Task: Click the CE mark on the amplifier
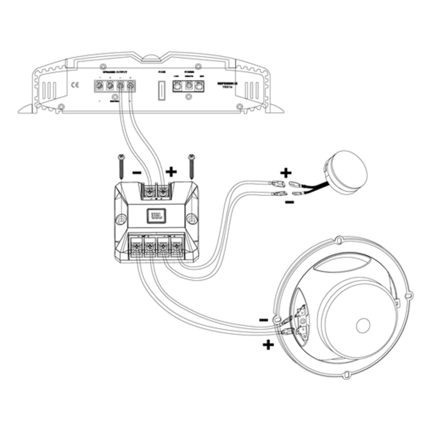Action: tap(75, 87)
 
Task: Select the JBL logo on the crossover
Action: tap(156, 216)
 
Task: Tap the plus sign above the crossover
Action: tap(171, 171)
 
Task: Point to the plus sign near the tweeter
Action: tap(286, 172)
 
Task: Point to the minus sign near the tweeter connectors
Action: tap(290, 202)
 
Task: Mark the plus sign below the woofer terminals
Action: tap(268, 345)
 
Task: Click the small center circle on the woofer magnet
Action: tap(363, 325)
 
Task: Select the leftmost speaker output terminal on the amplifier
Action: tap(99, 87)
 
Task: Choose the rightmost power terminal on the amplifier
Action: tap(199, 86)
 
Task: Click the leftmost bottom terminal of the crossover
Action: tap(136, 247)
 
